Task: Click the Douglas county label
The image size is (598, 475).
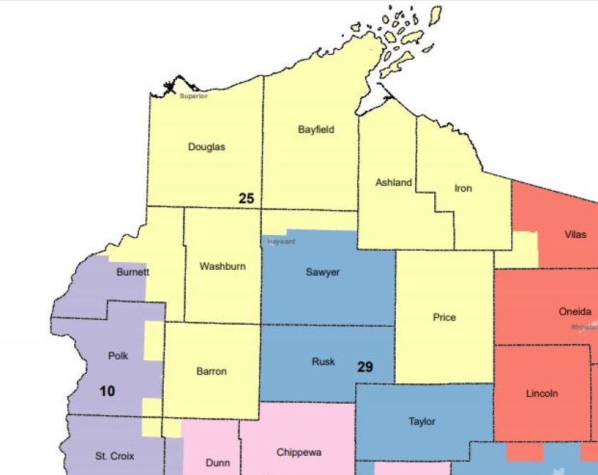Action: coord(206,147)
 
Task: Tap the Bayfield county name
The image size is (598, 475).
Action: coord(316,130)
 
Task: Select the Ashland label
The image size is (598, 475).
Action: coord(394,182)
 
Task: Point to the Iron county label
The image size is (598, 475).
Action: coord(463,189)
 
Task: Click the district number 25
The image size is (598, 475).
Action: coord(246,199)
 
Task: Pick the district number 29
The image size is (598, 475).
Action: coord(364,367)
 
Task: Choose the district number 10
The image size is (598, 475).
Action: coord(107,390)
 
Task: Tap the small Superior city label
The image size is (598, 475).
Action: coord(194,96)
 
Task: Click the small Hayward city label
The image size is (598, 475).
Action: coord(281,241)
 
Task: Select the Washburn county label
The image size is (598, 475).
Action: coord(222,266)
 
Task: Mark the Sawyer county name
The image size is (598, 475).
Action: coord(322,272)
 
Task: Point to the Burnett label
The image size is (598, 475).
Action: coord(132,272)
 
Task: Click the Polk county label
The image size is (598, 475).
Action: coord(118,355)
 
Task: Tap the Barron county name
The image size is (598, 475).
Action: coord(211,371)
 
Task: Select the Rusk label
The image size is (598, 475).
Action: coord(323,362)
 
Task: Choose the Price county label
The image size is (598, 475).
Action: coord(444,317)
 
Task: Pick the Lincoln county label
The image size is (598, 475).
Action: coord(542,393)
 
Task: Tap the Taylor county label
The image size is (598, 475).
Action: coord(422,421)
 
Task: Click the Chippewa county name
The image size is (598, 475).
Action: coord(299,452)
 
